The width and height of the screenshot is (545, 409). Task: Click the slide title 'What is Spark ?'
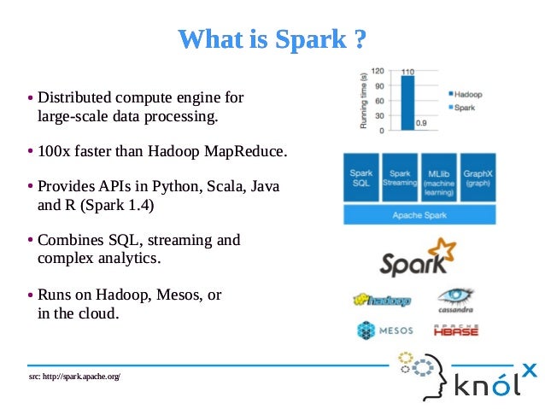point(272,39)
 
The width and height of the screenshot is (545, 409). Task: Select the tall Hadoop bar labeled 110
point(407,102)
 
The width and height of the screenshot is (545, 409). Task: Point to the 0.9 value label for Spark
point(421,124)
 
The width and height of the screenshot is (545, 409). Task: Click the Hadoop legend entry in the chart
point(464,94)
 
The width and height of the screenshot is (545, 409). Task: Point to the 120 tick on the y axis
point(377,73)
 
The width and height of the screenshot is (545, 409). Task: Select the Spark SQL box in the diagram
point(360,178)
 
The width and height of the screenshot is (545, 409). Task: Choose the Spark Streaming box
point(398,178)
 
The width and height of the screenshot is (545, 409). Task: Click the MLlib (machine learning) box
point(438,178)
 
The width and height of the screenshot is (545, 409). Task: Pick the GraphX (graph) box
point(478,178)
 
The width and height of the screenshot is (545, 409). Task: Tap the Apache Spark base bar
point(419,215)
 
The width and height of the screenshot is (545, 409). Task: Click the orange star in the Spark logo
point(443,251)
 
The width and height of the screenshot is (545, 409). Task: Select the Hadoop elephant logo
point(382,301)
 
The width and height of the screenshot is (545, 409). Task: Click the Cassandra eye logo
point(455,298)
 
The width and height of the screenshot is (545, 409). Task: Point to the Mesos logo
point(384,330)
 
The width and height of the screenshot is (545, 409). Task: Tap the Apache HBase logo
point(455,330)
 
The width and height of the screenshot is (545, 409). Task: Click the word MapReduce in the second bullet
point(246,152)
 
